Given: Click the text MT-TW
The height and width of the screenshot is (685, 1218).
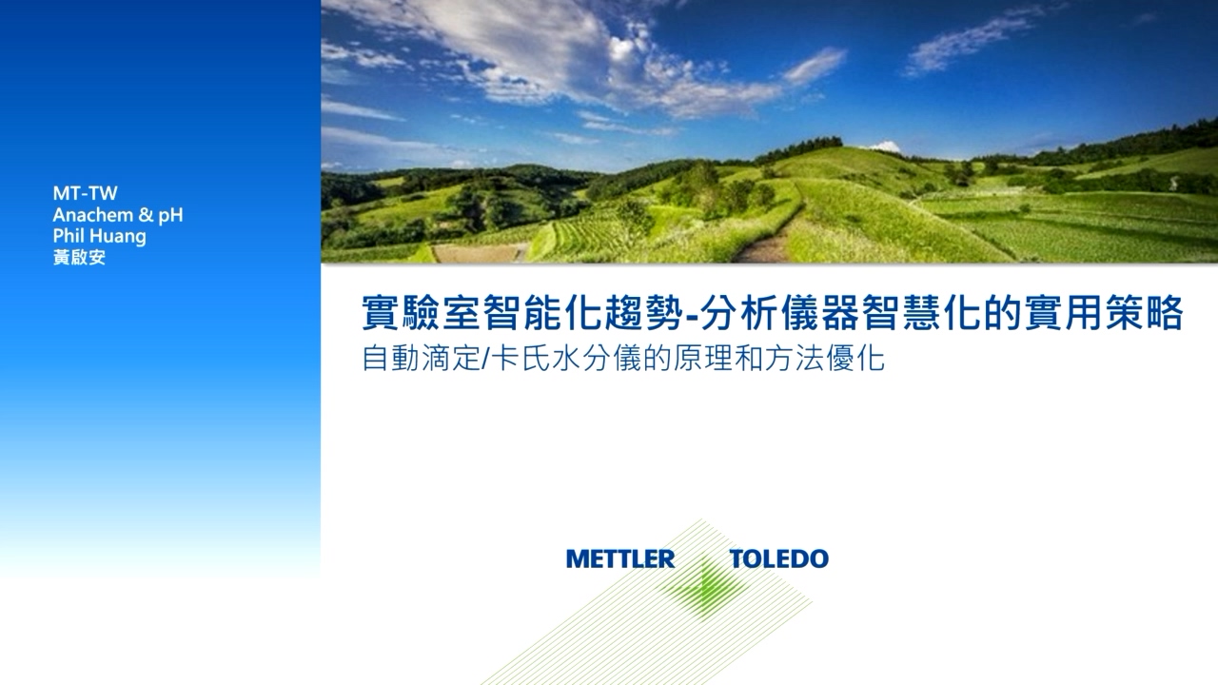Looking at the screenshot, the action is (85, 193).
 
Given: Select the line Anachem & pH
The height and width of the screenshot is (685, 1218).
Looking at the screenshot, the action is (118, 215).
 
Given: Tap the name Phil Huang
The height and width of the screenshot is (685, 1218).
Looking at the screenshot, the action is (100, 237).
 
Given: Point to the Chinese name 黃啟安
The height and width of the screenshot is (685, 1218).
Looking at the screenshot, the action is (79, 257).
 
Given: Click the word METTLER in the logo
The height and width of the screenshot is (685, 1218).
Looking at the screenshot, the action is (619, 558).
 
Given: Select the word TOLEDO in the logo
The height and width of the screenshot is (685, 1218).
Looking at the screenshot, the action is (778, 558).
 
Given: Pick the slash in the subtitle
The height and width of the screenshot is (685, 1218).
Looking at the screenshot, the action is (486, 359).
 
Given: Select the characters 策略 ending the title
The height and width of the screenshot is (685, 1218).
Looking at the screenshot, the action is (1144, 313).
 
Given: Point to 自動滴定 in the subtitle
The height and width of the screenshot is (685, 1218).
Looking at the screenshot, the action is (421, 359).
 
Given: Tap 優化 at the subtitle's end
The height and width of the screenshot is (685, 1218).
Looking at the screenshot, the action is (855, 359).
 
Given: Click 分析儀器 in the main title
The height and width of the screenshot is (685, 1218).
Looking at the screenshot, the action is (779, 313).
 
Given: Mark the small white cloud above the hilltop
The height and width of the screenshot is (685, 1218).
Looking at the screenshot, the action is (885, 147).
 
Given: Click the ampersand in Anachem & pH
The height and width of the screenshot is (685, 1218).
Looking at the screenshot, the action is (146, 215).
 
